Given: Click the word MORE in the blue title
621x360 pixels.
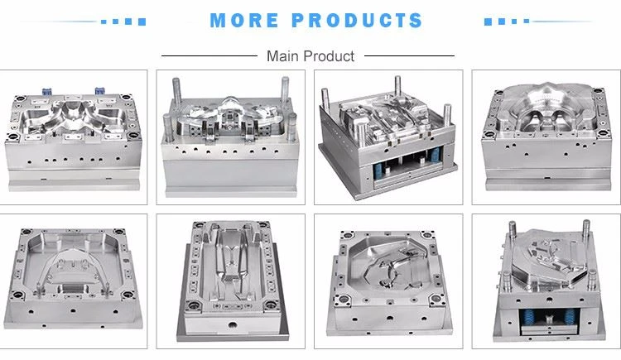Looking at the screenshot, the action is tap(244, 21).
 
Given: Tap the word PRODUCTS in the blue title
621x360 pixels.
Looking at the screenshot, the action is tap(357, 21).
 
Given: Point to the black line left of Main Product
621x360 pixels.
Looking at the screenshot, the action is tap(209, 55).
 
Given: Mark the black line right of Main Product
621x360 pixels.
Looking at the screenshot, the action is tap(409, 55).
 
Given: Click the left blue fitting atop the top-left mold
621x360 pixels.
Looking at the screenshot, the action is tap(47, 91).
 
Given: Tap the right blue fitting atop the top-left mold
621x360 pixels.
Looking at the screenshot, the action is tap(99, 91).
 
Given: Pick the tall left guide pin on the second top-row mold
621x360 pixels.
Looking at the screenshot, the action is tap(176, 89).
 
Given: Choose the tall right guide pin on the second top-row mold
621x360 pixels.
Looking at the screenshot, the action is tap(285, 89).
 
